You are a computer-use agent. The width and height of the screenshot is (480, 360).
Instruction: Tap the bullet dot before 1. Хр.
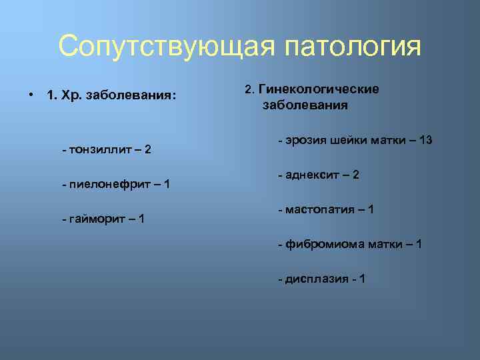(x=31, y=95)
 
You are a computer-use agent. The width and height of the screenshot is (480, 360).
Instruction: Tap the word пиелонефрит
(x=107, y=184)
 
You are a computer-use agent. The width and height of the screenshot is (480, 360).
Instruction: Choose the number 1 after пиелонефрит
(x=166, y=184)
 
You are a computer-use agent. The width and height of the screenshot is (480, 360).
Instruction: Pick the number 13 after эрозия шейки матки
(x=426, y=141)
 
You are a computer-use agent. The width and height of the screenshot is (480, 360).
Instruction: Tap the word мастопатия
(x=318, y=210)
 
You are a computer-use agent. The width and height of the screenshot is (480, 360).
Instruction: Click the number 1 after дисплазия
(x=362, y=279)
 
